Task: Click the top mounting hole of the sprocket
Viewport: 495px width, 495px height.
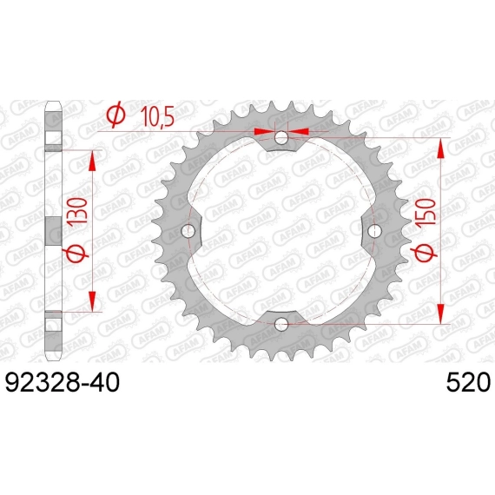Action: pyautogui.click(x=281, y=137)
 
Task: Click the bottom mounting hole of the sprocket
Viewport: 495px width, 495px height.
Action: pyautogui.click(x=281, y=324)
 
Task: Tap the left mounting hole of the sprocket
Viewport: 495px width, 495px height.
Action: pyautogui.click(x=188, y=231)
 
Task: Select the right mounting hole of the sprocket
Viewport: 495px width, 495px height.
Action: pyautogui.click(x=374, y=231)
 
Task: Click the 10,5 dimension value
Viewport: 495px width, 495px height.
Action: pyautogui.click(x=157, y=116)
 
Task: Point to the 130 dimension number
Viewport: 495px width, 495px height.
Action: pyautogui.click(x=77, y=211)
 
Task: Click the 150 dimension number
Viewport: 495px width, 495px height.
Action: pyautogui.click(x=426, y=212)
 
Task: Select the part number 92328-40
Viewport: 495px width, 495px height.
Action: pyautogui.click(x=63, y=382)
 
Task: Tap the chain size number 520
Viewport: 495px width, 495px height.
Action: pyautogui.click(x=468, y=382)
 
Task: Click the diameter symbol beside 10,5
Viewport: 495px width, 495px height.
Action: pyautogui.click(x=115, y=114)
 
